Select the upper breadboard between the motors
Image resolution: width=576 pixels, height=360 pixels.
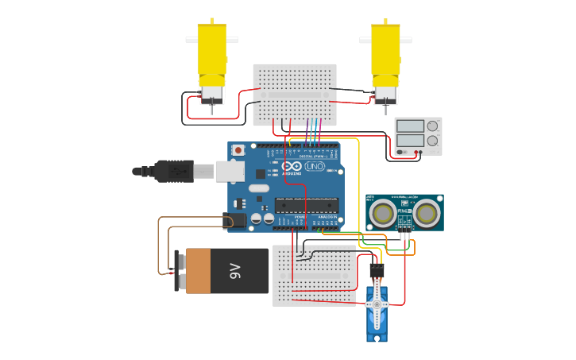tap(295, 95)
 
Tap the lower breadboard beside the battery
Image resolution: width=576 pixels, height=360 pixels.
tap(315, 275)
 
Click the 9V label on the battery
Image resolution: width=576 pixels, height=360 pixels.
tap(235, 271)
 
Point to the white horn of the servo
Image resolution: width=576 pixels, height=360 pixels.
tap(377, 303)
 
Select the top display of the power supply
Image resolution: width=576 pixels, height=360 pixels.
tap(410, 126)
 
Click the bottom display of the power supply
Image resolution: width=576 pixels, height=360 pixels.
tap(410, 140)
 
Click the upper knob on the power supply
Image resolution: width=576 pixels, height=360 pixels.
tap(432, 126)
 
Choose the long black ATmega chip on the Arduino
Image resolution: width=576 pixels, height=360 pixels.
tap(306, 205)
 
